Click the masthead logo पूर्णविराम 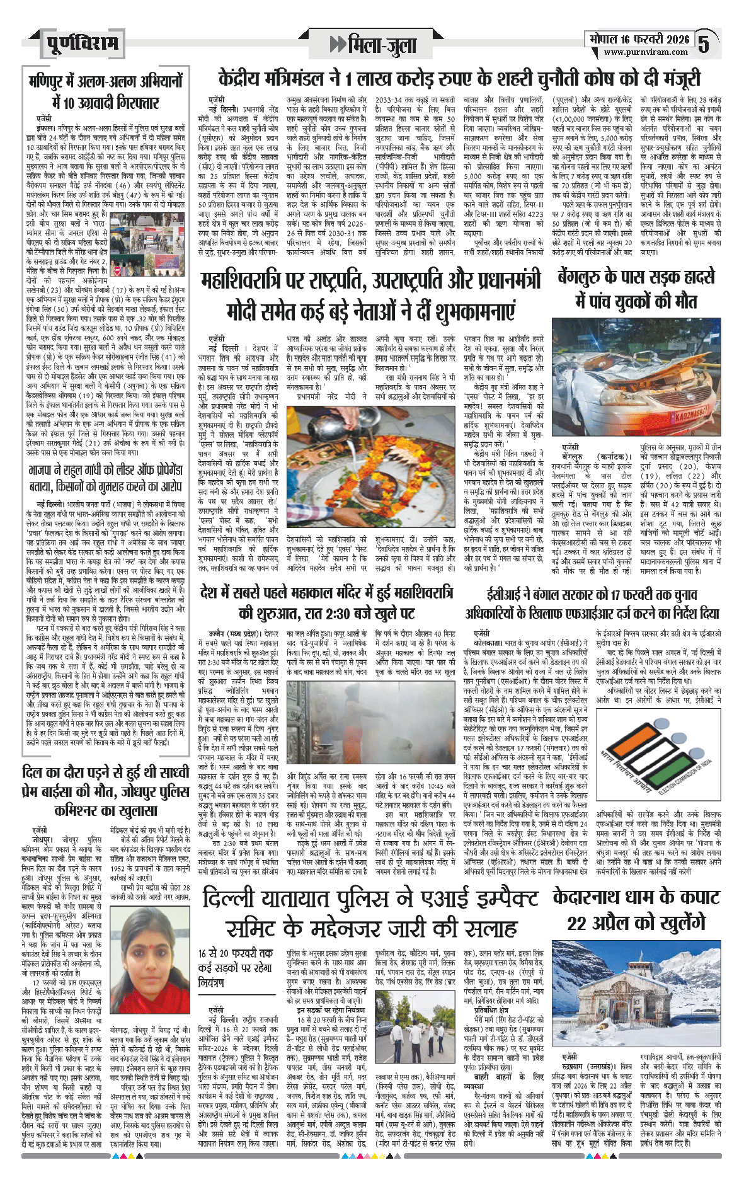(x=83, y=44)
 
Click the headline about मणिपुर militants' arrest (x=106, y=92)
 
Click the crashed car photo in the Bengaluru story (x=636, y=376)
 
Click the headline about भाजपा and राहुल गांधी (x=106, y=478)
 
